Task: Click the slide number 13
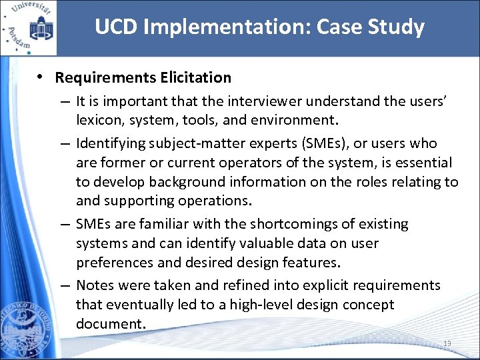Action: pyautogui.click(x=447, y=343)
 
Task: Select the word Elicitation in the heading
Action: pyautogui.click(x=195, y=77)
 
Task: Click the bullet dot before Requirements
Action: pyautogui.click(x=41, y=77)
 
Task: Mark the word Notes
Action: pyautogui.click(x=95, y=285)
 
